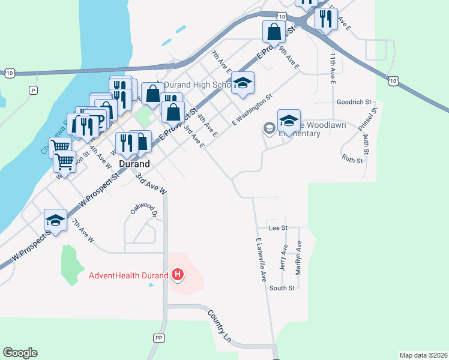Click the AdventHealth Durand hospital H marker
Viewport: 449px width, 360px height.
click(x=178, y=275)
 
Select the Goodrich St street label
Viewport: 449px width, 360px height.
click(x=355, y=102)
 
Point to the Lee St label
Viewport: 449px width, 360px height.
click(x=279, y=228)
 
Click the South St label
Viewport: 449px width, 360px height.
click(x=282, y=288)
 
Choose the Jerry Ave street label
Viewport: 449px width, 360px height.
click(x=285, y=257)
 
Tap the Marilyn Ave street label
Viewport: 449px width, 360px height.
click(x=298, y=258)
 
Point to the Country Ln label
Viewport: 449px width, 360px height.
click(x=219, y=326)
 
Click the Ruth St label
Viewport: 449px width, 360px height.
click(x=352, y=160)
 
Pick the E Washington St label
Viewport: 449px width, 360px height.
click(x=252, y=109)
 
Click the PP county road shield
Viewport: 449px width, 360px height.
click(x=158, y=338)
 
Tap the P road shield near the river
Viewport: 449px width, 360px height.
click(x=33, y=90)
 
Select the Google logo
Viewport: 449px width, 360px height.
click(x=20, y=353)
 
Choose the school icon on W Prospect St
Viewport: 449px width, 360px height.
click(x=55, y=221)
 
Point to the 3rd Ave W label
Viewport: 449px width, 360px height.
click(x=150, y=184)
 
